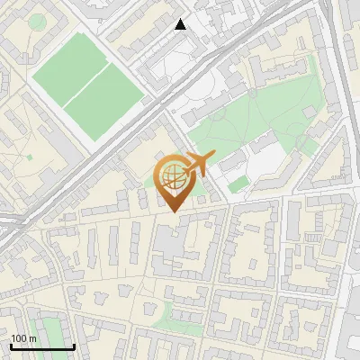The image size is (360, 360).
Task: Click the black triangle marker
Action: (x=181, y=24)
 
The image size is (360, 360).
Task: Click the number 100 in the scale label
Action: (x=18, y=338)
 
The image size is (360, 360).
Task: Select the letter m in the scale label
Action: (x=31, y=338)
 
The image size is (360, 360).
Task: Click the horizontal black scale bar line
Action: (x=41, y=347)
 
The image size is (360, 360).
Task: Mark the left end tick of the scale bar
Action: (x=10, y=346)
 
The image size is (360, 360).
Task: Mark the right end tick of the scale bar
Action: (x=74, y=346)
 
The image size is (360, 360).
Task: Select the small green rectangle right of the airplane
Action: (x=238, y=184)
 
